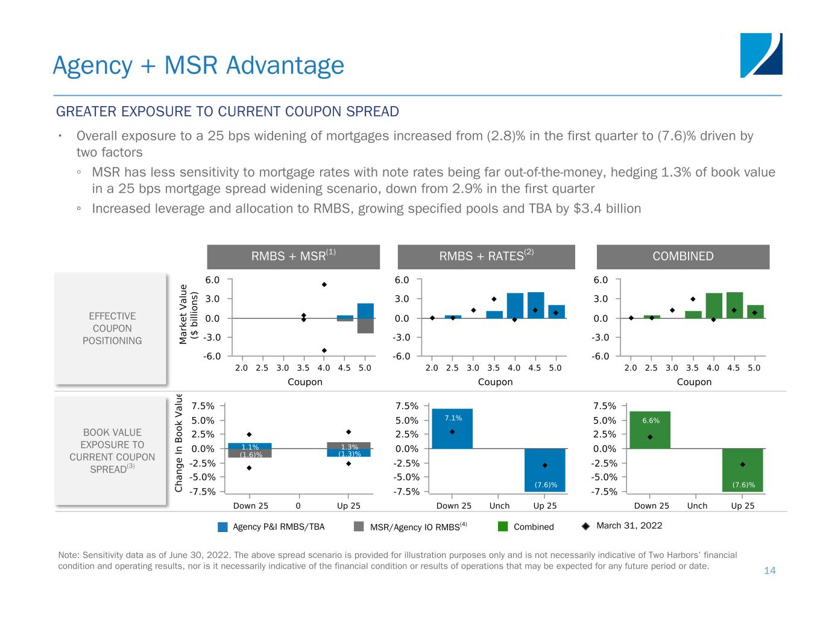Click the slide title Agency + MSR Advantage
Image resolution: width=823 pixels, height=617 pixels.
pos(198,65)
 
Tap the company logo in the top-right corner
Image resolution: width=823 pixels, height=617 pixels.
pos(761,55)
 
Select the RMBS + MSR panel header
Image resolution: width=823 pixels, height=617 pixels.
pos(293,257)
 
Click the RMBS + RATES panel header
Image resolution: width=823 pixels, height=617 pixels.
pos(486,257)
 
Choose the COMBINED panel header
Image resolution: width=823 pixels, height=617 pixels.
pos(683,257)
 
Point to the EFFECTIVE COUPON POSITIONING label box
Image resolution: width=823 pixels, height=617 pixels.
pos(112,328)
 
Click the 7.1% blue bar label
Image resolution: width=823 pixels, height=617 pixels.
pos(453,418)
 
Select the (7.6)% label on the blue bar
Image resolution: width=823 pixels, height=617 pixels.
pos(545,484)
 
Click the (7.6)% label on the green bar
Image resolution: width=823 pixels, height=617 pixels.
pos(743,484)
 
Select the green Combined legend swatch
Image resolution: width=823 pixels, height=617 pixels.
pos(503,527)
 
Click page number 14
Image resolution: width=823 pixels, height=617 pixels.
pos(769,570)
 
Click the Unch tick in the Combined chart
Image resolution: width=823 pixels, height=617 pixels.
pos(697,506)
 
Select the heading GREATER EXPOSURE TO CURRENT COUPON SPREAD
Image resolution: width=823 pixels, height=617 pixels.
pos(227,112)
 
